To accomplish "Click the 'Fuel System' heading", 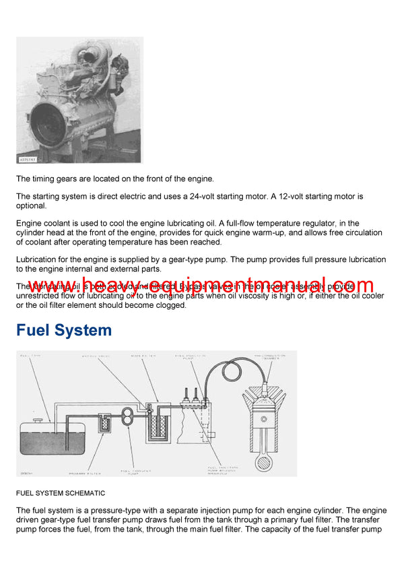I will coord(64,330).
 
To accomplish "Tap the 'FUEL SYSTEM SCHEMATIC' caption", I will coord(60,493).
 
